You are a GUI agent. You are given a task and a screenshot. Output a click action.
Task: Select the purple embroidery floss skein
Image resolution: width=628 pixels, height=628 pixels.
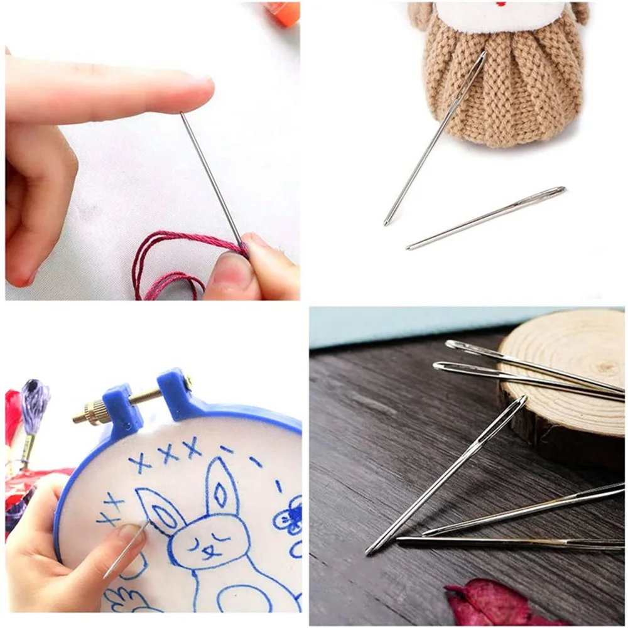35,402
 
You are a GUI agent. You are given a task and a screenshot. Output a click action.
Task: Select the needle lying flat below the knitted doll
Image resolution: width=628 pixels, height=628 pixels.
487,217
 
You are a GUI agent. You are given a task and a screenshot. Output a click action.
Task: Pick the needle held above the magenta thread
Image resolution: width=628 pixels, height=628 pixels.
210,176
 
